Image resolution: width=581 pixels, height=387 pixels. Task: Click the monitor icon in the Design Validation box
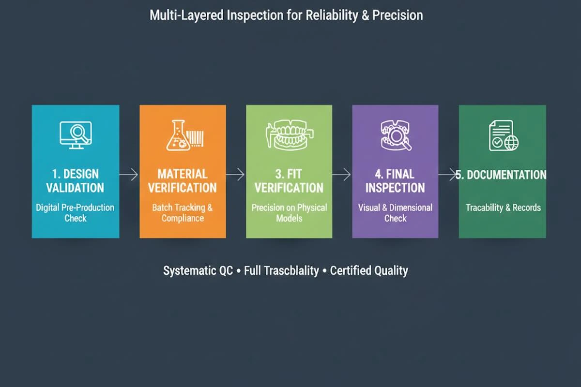coord(76,135)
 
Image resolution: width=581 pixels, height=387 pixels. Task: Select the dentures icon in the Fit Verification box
coord(290,134)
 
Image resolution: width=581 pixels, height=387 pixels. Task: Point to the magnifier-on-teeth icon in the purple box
coord(396,135)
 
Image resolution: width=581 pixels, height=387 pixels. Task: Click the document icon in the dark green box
coord(504,135)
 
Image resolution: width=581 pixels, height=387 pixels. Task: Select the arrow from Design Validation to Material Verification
coord(129,174)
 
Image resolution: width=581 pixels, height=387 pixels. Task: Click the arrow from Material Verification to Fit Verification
coord(235,174)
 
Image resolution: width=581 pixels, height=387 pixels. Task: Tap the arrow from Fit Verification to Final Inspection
coord(342,174)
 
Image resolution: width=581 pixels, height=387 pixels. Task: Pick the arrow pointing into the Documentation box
coord(447,174)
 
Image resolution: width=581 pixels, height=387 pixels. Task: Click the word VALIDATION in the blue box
coord(75,188)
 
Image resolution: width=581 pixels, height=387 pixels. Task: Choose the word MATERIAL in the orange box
coord(183,174)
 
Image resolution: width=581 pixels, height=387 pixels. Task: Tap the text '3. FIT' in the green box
coord(289,174)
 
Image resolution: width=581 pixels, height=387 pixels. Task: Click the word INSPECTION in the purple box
coord(395,188)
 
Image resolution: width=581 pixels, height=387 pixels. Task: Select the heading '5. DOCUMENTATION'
coord(501,175)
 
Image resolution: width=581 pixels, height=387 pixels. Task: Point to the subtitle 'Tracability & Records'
coord(503,208)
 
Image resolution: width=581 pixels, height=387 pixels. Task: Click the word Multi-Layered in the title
coord(186,15)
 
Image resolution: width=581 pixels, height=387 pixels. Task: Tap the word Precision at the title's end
coord(398,15)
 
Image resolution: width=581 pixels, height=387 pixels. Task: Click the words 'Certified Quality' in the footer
coord(369,270)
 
